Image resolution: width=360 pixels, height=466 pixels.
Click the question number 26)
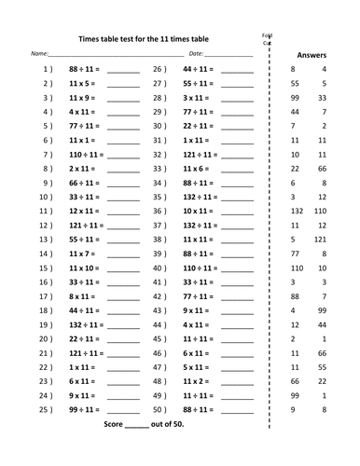(x=159, y=70)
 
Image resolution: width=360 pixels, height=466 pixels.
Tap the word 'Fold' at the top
(x=267, y=34)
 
